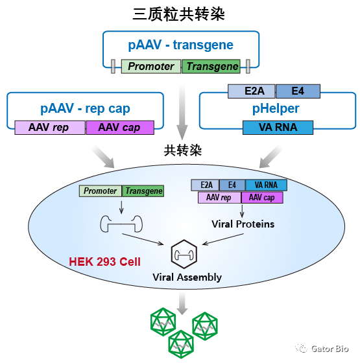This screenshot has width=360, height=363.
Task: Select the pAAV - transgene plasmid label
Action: point(180,45)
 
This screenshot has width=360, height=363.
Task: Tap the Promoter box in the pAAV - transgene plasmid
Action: point(150,66)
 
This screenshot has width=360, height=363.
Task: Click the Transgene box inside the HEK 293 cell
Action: point(143,191)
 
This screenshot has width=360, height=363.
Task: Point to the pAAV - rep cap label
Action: point(84,108)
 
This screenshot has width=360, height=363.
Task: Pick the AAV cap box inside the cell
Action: point(261,197)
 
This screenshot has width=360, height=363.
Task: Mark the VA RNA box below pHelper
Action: point(278,127)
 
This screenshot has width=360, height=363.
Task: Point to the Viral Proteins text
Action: point(243,224)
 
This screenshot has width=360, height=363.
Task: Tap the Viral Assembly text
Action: point(187,277)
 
